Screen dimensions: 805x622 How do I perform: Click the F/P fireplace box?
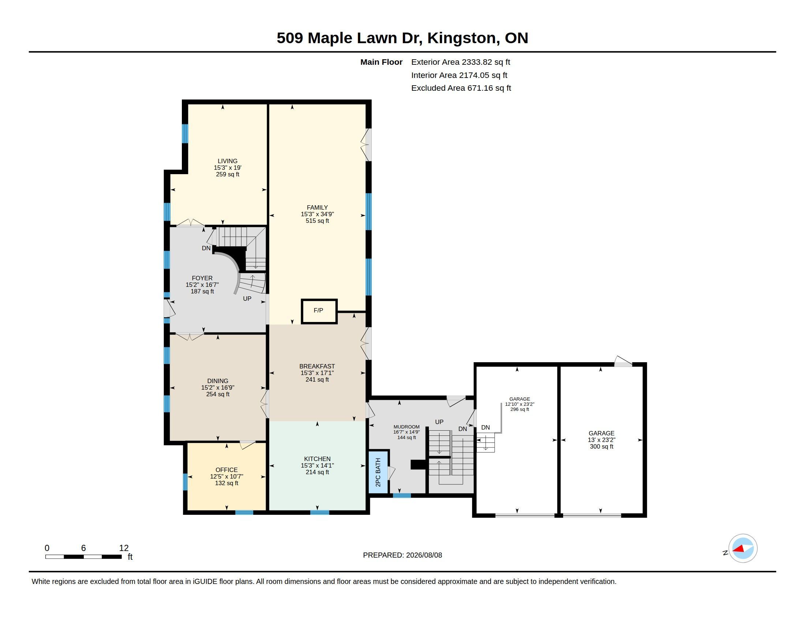(x=319, y=311)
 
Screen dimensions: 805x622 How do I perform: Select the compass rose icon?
(x=742, y=548)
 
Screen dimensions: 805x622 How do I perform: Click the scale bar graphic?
(x=84, y=557)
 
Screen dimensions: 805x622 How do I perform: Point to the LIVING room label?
(x=228, y=161)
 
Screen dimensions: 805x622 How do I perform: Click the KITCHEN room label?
(x=317, y=459)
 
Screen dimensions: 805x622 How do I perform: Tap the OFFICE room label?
(x=226, y=470)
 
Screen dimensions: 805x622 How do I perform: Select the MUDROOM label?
(x=406, y=427)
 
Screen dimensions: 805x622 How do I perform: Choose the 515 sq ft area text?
(x=317, y=221)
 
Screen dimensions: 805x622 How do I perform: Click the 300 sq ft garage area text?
(x=601, y=447)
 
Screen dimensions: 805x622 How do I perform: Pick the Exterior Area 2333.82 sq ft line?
(x=460, y=62)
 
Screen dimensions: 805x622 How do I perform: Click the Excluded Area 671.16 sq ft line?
(x=461, y=88)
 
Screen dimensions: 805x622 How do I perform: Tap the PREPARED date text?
(x=402, y=555)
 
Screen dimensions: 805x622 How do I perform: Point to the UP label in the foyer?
(x=247, y=299)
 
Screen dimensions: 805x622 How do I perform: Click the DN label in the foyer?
(x=206, y=248)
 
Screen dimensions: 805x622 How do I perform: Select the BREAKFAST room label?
(x=317, y=366)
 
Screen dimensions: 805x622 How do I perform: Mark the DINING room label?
(x=217, y=381)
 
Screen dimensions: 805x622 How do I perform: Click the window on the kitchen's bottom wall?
(x=319, y=512)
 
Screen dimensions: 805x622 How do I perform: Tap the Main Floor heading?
(x=381, y=62)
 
